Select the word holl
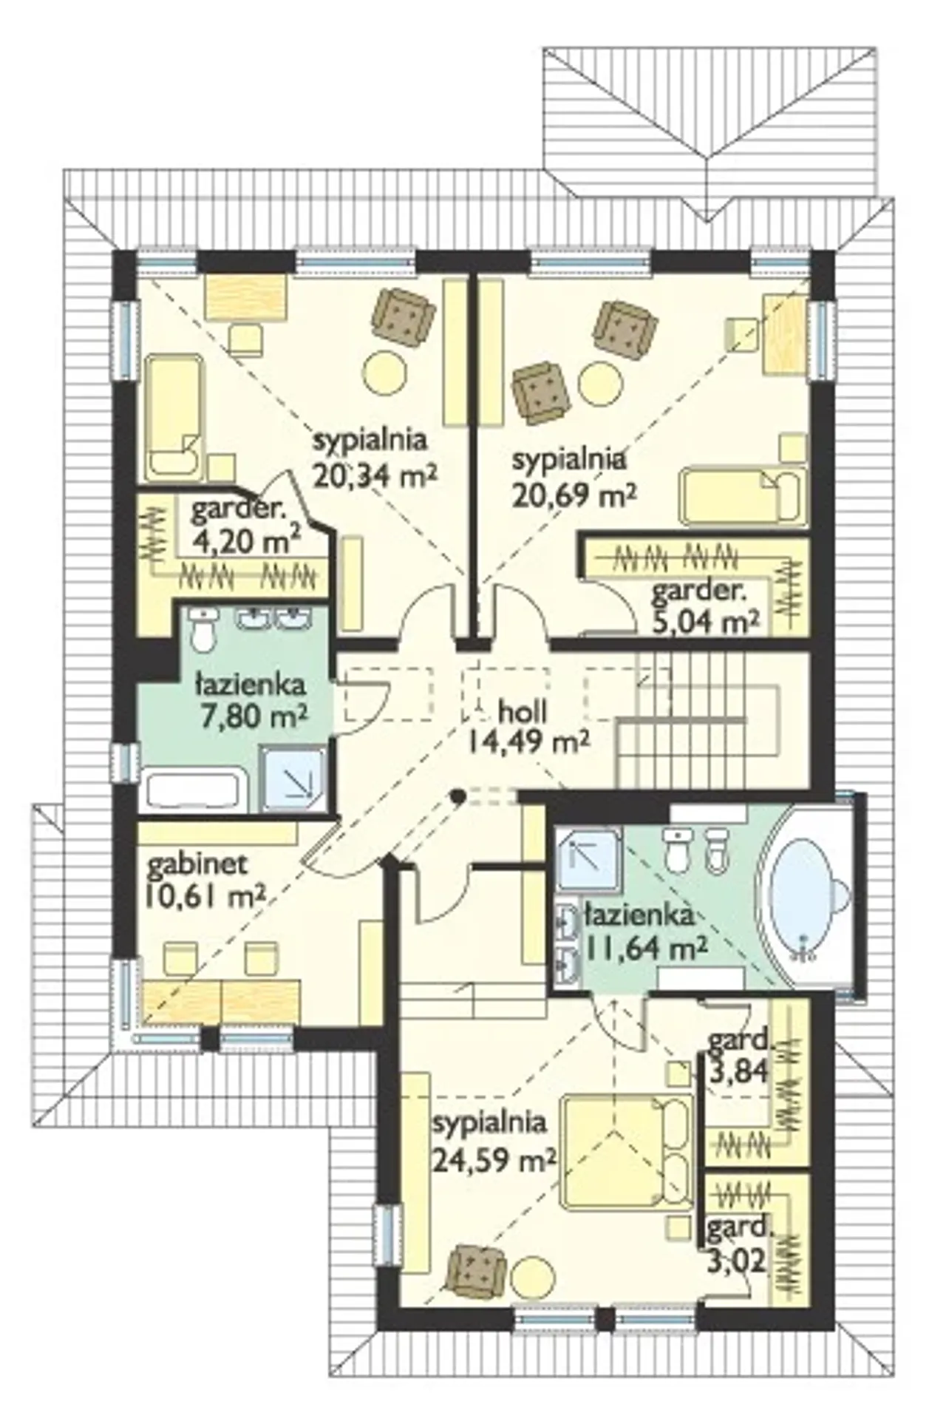coord(523,710)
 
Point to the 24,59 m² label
coord(494,1160)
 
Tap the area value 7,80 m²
coord(251,715)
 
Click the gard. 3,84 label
coord(737,1055)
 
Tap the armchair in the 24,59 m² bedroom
coord(478,1273)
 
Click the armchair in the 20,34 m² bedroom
coord(404,316)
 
